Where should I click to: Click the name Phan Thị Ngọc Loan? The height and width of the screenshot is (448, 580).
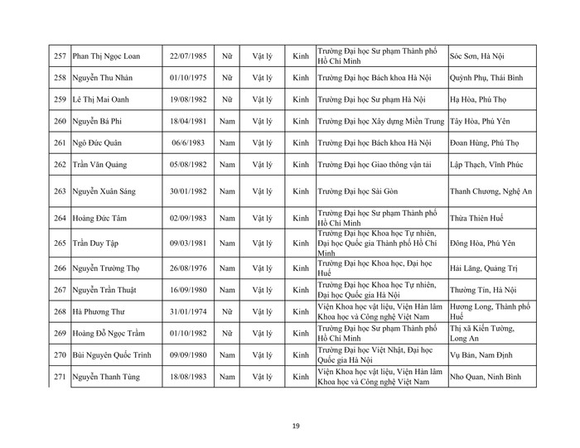[x=107, y=57]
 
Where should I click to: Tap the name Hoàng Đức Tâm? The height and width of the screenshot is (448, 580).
[x=104, y=219]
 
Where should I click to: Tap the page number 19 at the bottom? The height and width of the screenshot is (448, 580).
[x=295, y=426]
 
